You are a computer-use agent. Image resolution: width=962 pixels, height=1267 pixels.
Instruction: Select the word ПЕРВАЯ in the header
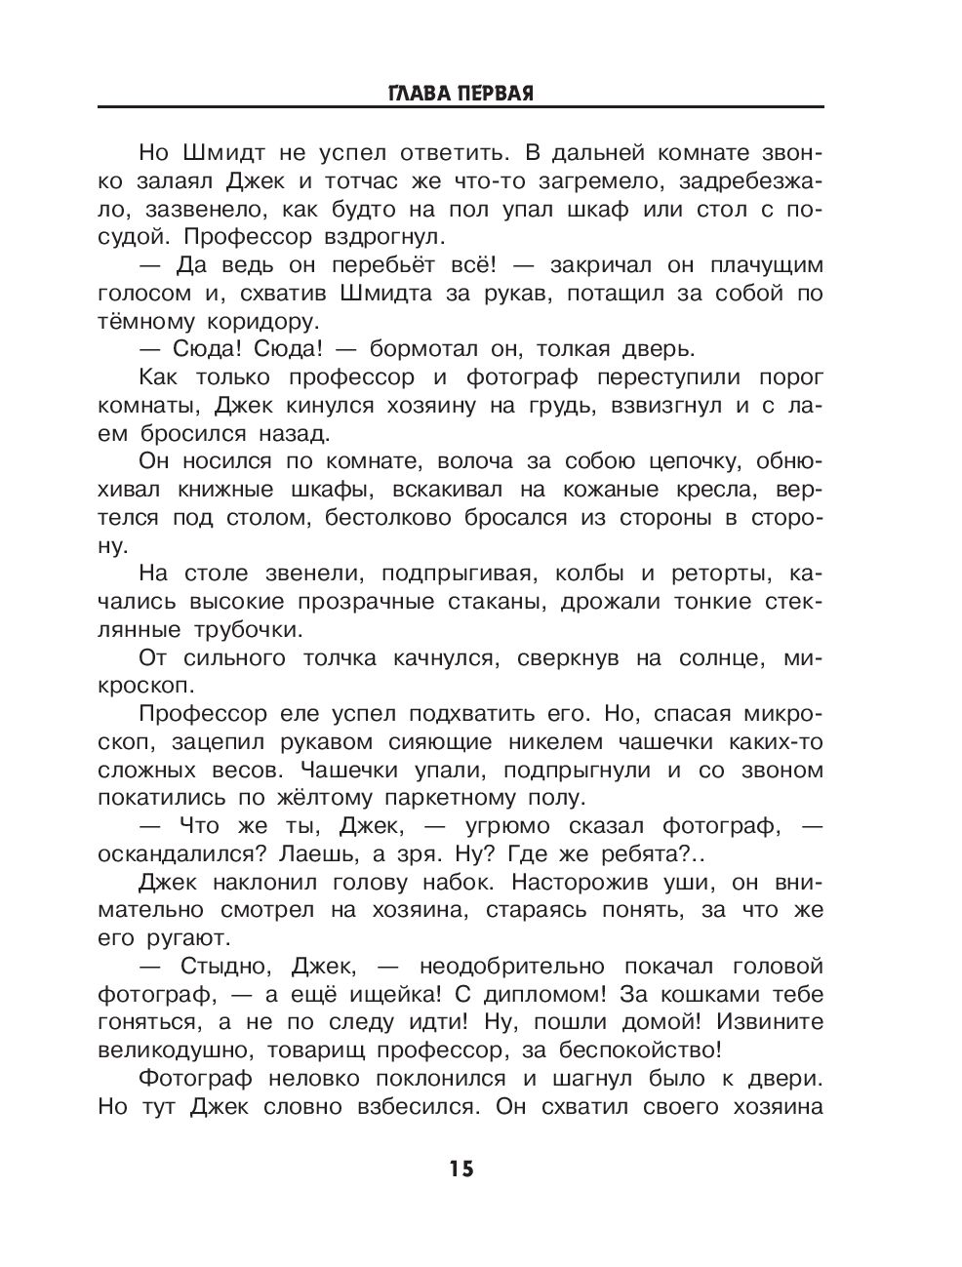click(x=498, y=94)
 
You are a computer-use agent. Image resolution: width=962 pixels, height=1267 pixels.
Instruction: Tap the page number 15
click(x=461, y=1168)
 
